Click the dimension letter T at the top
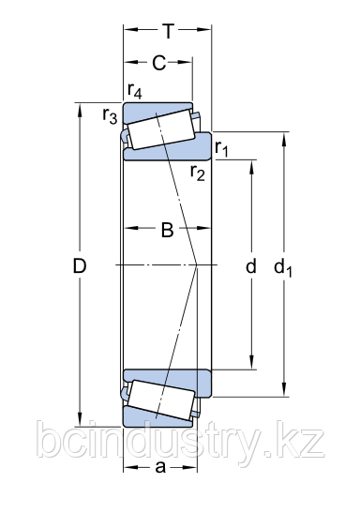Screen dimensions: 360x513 tap(169, 31)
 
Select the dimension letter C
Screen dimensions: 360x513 tap(159, 63)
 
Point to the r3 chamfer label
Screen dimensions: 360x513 tap(110, 115)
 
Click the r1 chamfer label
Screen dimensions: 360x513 tap(221, 148)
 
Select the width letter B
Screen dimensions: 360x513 tap(167, 230)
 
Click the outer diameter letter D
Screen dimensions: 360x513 tap(80, 265)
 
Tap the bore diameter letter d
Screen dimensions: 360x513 tap(251, 265)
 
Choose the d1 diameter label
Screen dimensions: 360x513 tap(283, 267)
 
